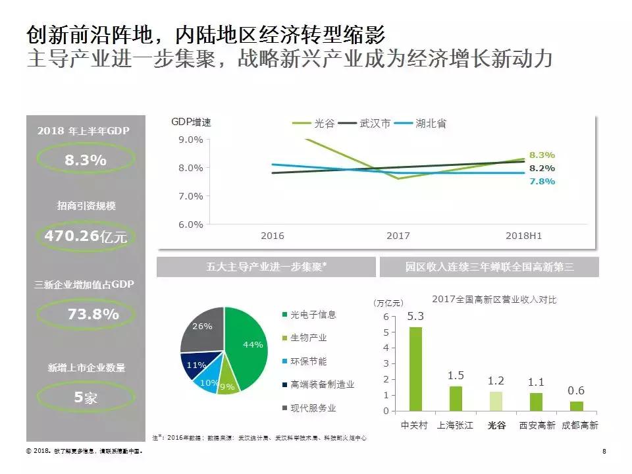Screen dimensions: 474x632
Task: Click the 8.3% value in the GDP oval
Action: (85, 160)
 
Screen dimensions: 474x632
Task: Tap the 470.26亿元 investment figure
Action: (85, 236)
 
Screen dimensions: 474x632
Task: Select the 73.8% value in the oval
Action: (93, 314)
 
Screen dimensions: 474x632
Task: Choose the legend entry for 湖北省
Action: (433, 123)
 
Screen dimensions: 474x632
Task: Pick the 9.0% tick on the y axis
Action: (191, 140)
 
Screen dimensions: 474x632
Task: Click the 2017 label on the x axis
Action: (398, 236)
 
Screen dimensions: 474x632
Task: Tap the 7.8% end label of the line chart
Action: (542, 181)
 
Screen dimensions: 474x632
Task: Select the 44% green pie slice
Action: (250, 342)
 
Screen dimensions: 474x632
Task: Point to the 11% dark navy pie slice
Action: (196, 365)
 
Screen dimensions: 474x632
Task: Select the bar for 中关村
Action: (415, 369)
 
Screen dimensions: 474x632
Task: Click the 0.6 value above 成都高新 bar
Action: (576, 390)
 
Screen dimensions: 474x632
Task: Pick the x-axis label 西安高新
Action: (536, 425)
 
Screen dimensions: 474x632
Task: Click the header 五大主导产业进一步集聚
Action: (266, 267)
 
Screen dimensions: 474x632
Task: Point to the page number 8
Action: (604, 452)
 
